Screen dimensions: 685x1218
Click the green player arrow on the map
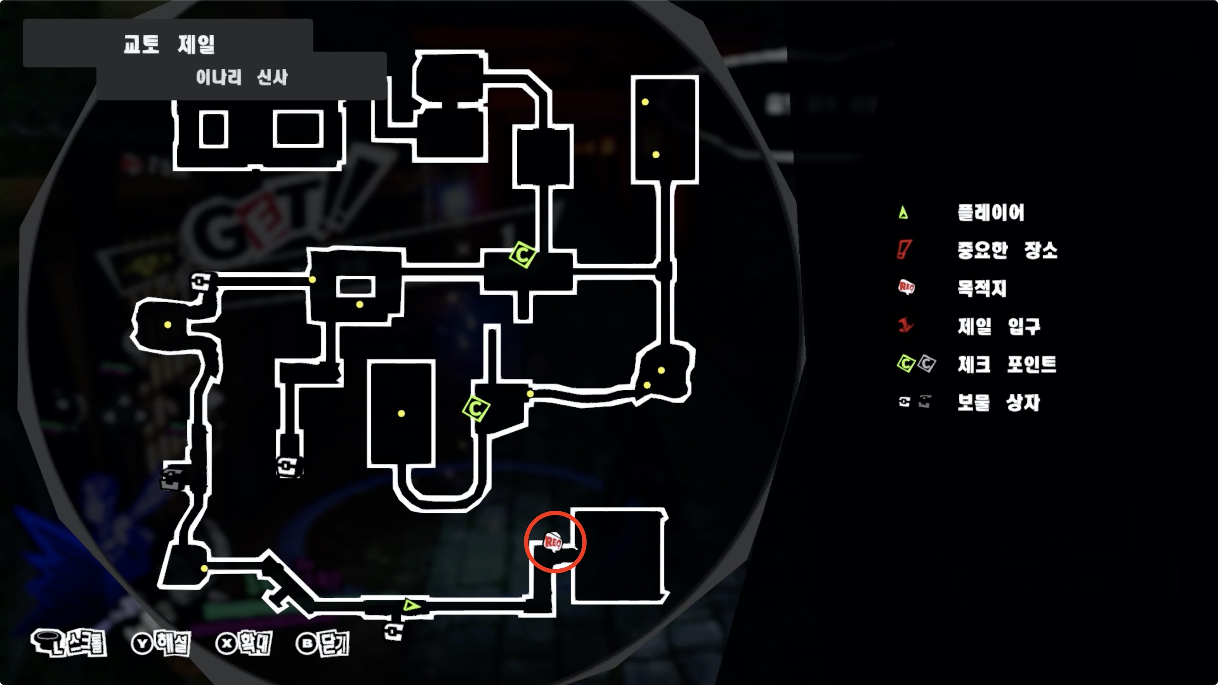(x=411, y=605)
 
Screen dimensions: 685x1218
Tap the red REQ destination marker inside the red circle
(x=553, y=541)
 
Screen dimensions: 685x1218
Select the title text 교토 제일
(x=169, y=44)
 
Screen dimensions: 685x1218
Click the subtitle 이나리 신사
(x=241, y=77)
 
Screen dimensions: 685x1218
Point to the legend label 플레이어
(x=991, y=213)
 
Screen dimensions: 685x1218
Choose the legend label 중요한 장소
(x=1007, y=250)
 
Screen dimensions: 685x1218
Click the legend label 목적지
(x=982, y=288)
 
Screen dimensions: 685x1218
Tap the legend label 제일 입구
(x=999, y=326)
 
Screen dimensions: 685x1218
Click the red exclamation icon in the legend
(x=904, y=249)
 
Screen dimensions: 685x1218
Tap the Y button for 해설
(x=142, y=644)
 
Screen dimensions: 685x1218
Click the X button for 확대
(x=227, y=644)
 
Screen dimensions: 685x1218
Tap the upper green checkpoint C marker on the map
(x=522, y=255)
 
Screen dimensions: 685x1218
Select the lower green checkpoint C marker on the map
(x=476, y=408)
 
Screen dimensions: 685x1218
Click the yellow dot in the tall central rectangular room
(x=401, y=414)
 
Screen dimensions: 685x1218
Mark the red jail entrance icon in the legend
(x=905, y=326)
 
